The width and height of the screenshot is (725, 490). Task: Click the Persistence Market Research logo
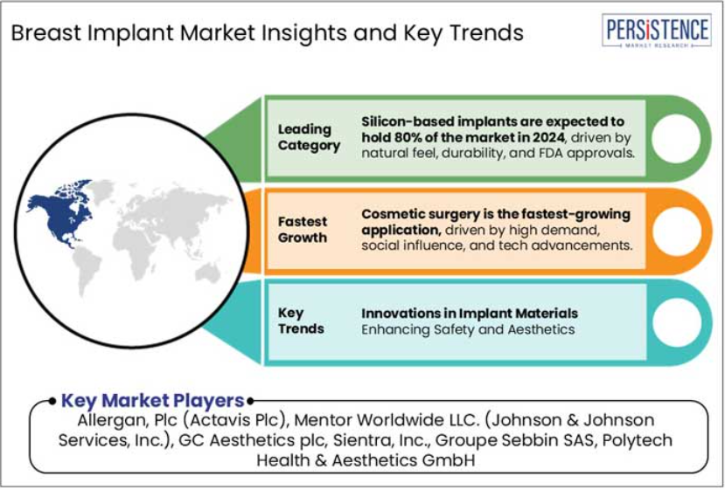coord(657,31)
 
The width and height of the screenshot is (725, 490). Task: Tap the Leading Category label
coord(309,137)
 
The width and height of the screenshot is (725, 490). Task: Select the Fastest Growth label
coord(303,230)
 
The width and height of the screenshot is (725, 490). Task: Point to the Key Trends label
coord(301,321)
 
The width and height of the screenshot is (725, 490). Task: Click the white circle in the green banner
coord(675,138)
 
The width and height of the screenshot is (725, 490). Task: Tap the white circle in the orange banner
coord(676,231)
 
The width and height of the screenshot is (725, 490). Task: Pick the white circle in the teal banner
coord(676,322)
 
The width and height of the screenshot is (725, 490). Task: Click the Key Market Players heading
coord(152,401)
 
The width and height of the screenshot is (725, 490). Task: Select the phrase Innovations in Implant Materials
coord(470,314)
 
